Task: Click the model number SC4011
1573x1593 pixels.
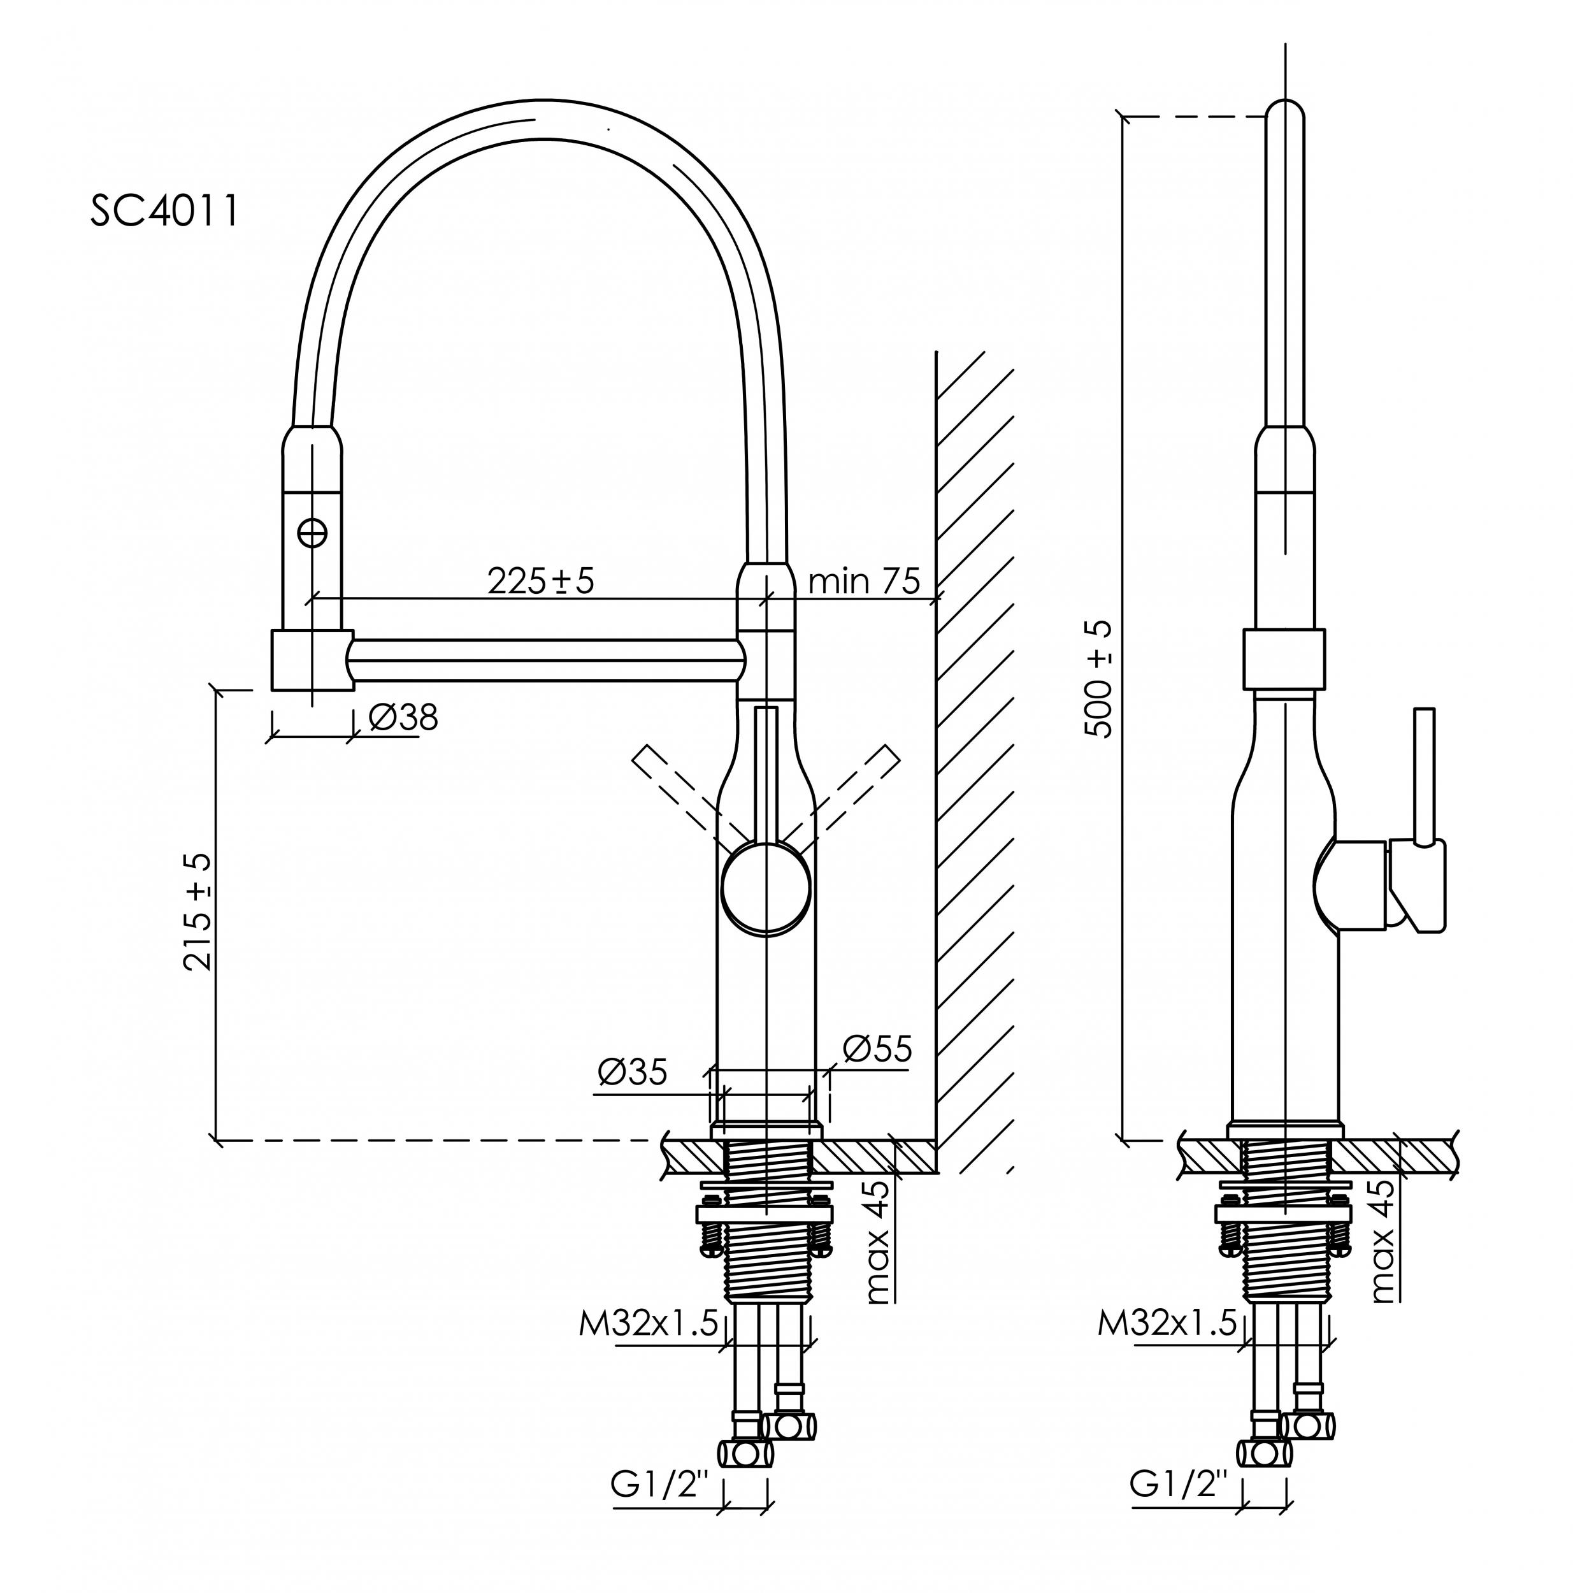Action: pos(164,211)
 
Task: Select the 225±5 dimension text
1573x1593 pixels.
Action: pos(540,581)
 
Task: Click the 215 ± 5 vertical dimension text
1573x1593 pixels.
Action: pos(199,911)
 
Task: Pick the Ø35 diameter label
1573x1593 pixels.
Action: pos(631,1072)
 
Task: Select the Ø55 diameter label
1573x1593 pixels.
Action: pos(877,1049)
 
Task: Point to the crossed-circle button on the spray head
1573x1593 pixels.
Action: pos(312,533)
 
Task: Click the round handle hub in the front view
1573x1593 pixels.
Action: pos(766,889)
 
